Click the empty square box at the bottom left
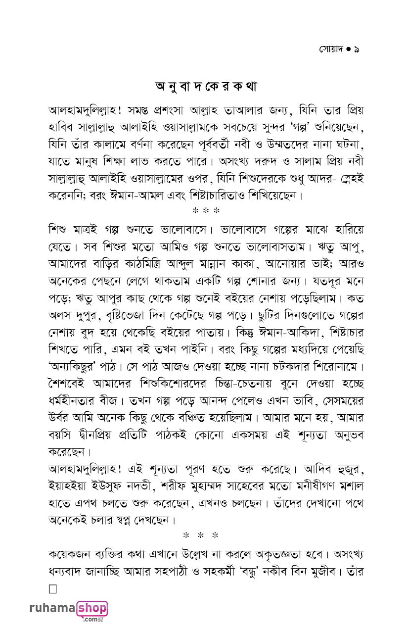(53, 589)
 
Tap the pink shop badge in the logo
(92, 608)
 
